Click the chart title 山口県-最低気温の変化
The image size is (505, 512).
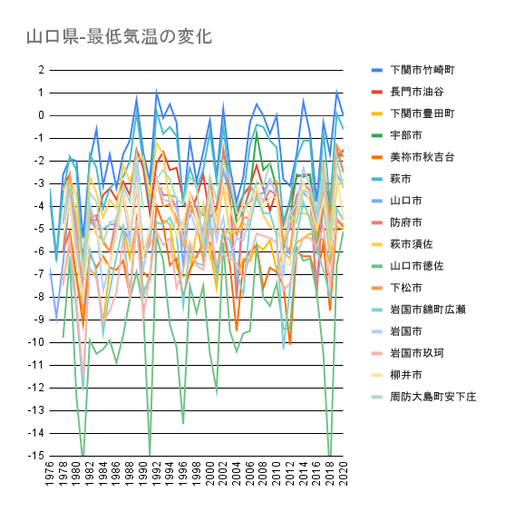pyautogui.click(x=119, y=37)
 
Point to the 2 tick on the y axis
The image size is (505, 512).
pyautogui.click(x=41, y=70)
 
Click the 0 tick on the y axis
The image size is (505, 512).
pyautogui.click(x=41, y=115)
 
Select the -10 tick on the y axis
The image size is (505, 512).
pyautogui.click(x=36, y=342)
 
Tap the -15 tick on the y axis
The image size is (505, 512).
pyautogui.click(x=36, y=456)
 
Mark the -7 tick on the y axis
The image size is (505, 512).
pyautogui.click(x=39, y=274)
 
